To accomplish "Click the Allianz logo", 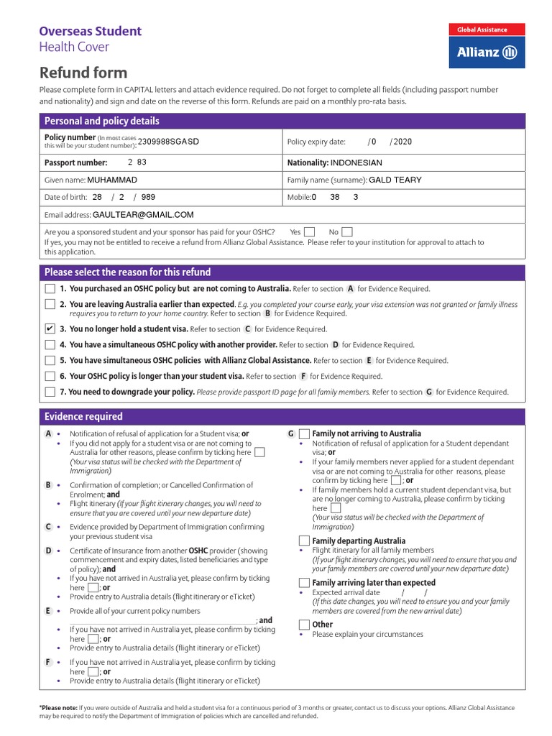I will (x=487, y=52).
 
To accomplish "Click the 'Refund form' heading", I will (x=83, y=73).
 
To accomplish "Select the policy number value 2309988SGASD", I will (x=168, y=142).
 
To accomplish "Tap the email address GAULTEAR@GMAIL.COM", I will (x=143, y=215).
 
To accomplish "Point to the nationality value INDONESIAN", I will (x=356, y=163).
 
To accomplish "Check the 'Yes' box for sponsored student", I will (x=309, y=232).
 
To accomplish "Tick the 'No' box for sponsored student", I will (x=346, y=232).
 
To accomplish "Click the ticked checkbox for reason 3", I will (x=50, y=328).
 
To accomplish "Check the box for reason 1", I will (x=50, y=288).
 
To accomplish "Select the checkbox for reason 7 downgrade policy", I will (x=50, y=392).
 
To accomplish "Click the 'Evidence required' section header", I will (x=83, y=417).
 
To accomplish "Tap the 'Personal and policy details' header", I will (x=102, y=121).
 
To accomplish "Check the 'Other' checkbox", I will (x=304, y=625).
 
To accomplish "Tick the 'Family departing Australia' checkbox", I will (x=304, y=540).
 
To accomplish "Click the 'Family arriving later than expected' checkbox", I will (x=304, y=582).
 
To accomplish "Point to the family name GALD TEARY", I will (x=395, y=180).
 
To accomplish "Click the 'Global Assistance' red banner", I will (x=487, y=29).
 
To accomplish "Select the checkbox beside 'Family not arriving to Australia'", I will (x=304, y=434).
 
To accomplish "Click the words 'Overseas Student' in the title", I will (x=90, y=31).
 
